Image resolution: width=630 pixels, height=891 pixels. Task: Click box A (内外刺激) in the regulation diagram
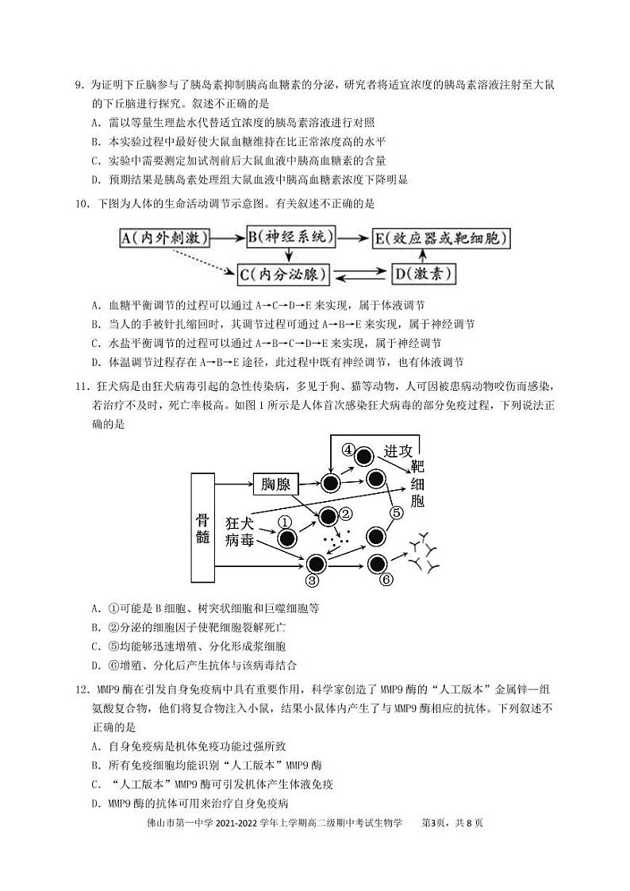click(x=163, y=237)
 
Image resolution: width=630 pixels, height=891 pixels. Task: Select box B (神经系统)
click(x=291, y=237)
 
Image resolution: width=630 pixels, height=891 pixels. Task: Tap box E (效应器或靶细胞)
click(x=441, y=237)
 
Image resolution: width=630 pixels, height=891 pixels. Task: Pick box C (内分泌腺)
click(x=282, y=275)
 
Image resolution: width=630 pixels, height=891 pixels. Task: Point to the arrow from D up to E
click(x=422, y=255)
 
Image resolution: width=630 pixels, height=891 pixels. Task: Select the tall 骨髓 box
click(x=203, y=527)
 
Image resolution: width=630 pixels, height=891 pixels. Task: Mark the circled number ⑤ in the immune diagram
click(x=397, y=512)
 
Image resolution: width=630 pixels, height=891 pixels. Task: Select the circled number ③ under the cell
click(x=312, y=581)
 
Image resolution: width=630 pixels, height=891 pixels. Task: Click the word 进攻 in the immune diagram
click(x=398, y=450)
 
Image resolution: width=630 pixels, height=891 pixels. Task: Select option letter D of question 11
click(x=94, y=665)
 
